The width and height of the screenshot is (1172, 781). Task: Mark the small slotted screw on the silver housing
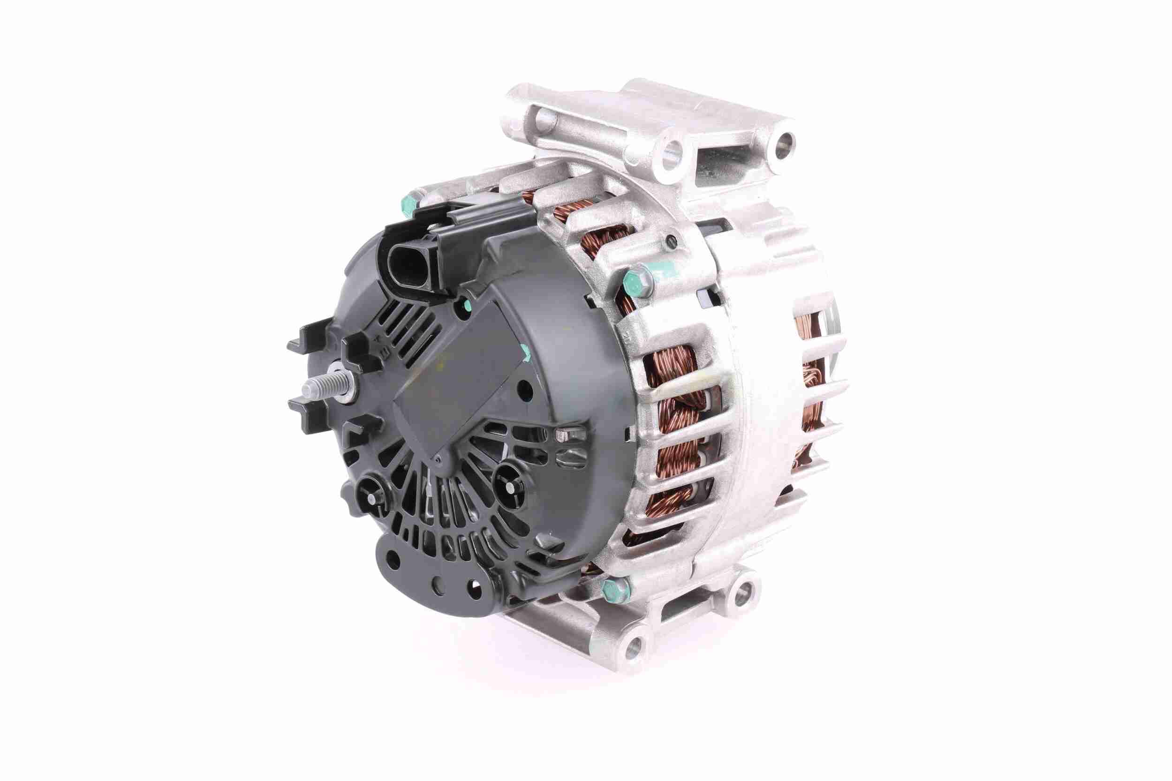(x=671, y=242)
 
